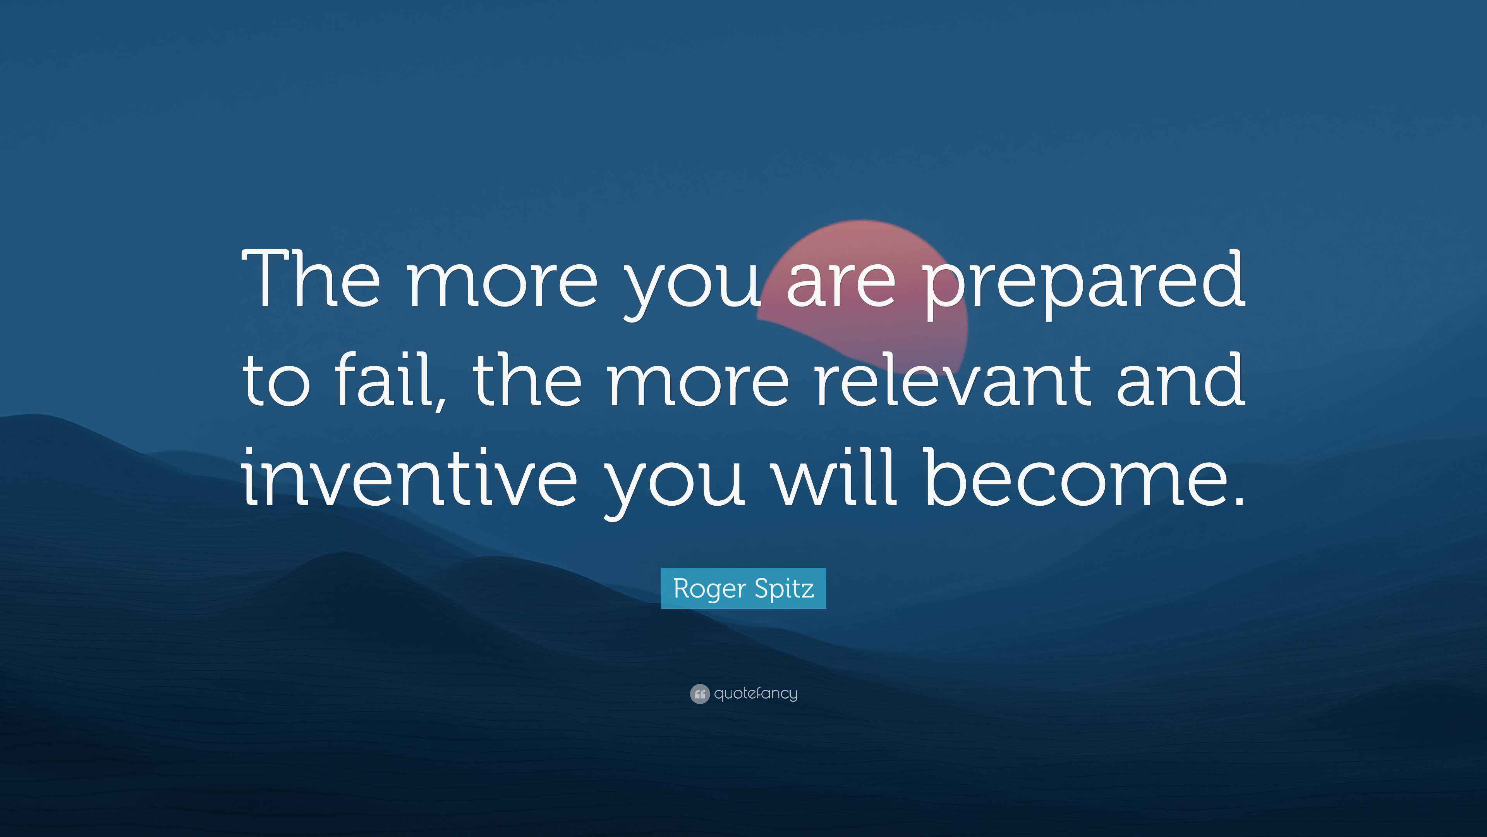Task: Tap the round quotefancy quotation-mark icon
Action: tap(700, 694)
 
